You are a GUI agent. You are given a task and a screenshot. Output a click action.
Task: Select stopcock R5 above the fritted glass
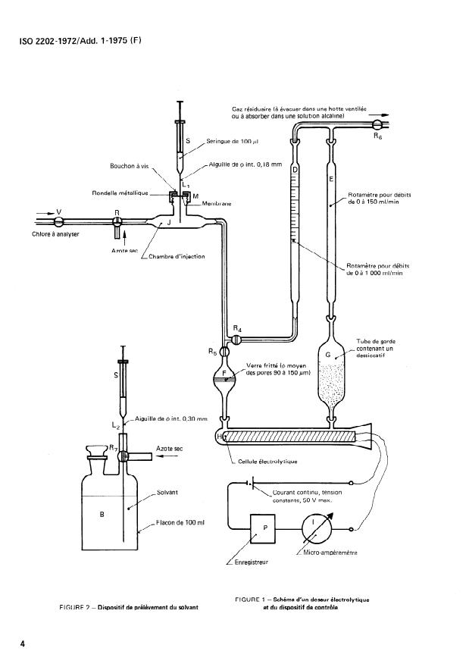[x=223, y=351]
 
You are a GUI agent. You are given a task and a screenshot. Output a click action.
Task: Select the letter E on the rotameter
[x=331, y=180]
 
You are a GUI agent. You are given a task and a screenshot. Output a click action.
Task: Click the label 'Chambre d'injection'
[x=177, y=255]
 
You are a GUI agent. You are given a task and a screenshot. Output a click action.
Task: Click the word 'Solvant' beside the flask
[x=167, y=492]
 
